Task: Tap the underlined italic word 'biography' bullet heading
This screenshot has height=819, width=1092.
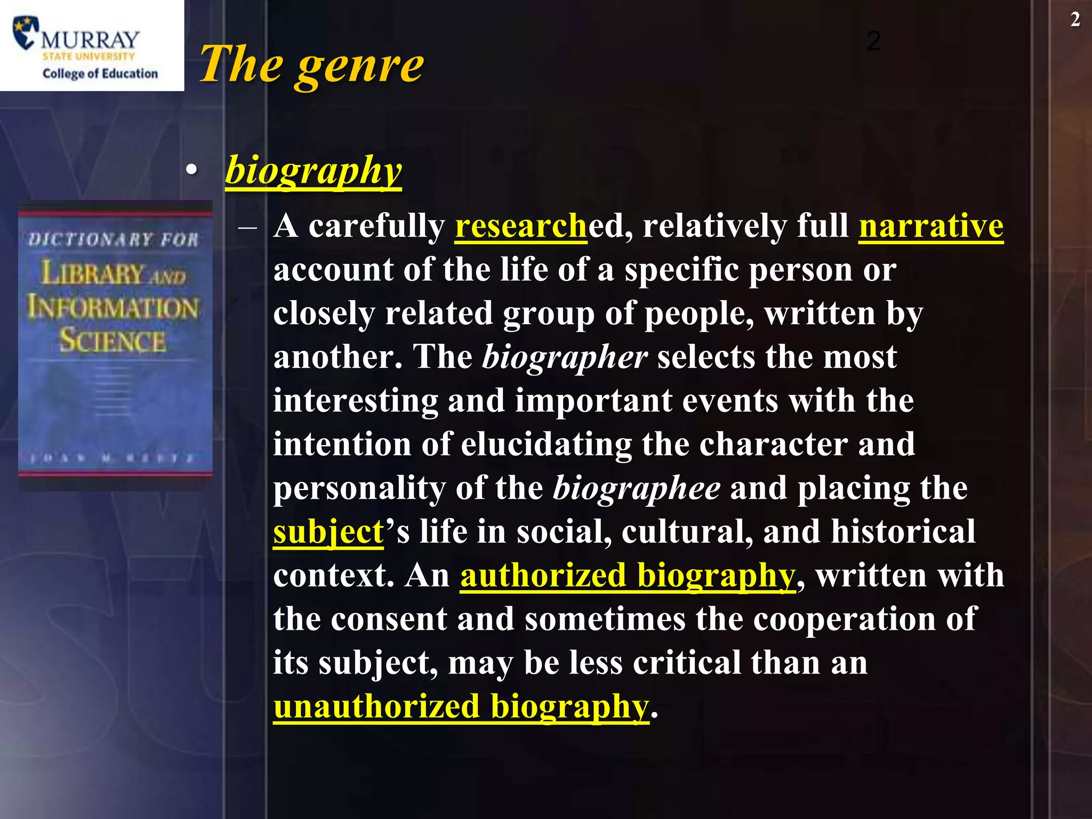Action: click(x=313, y=170)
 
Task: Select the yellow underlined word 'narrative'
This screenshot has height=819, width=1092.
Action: click(x=930, y=226)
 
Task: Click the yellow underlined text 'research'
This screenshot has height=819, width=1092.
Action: click(x=520, y=226)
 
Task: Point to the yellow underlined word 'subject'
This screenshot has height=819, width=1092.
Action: click(x=328, y=532)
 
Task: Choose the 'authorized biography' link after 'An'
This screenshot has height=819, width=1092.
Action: click(x=628, y=575)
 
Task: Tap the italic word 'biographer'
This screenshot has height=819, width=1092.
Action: click(x=565, y=357)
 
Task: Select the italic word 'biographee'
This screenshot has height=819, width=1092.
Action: click(x=636, y=488)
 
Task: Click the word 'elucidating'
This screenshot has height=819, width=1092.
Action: click(x=546, y=444)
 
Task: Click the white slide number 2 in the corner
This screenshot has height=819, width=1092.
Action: click(x=1075, y=20)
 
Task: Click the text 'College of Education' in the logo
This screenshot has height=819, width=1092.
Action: click(x=100, y=74)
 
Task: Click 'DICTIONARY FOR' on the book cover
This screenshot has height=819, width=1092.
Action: click(x=113, y=239)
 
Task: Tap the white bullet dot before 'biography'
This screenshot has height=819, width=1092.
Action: click(x=191, y=170)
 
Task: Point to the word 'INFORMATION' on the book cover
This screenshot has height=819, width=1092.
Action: click(x=113, y=308)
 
